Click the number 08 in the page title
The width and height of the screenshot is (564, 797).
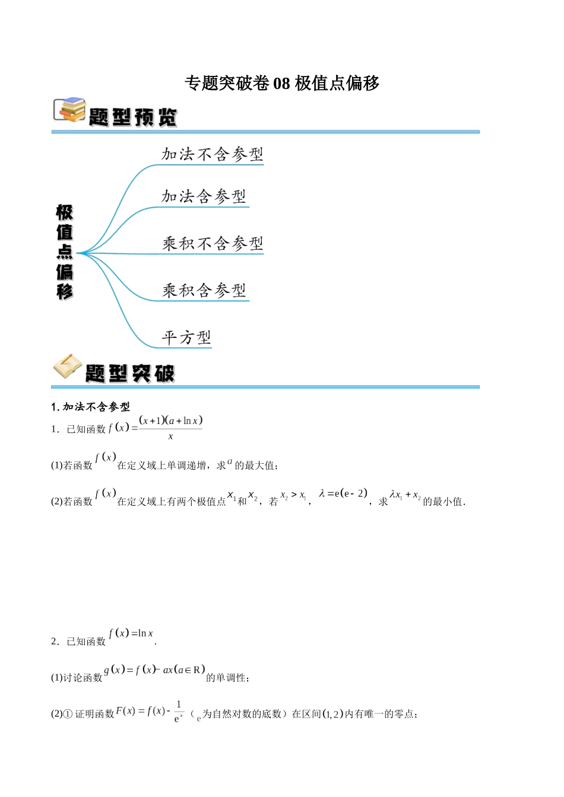[x=282, y=84]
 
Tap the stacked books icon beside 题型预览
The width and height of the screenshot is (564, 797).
[x=70, y=110]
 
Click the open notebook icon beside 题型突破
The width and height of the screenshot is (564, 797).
[x=68, y=367]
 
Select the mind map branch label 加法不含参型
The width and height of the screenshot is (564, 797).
[x=212, y=154]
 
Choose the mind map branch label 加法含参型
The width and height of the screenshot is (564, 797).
[x=204, y=196]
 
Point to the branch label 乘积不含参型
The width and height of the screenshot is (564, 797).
[x=213, y=243]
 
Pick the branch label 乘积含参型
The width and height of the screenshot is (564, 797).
[x=204, y=290]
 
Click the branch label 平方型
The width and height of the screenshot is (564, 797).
[x=186, y=337]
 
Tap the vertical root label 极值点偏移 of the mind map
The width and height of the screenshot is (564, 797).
[x=65, y=252]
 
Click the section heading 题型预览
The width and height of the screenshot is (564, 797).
[x=133, y=117]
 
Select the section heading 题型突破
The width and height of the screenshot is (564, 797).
[x=130, y=373]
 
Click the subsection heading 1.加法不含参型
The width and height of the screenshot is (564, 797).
[x=90, y=407]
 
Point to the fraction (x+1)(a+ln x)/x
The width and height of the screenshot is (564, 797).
[x=170, y=428]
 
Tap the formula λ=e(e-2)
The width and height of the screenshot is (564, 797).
[x=343, y=493]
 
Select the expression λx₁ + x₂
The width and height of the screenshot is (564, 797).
[x=405, y=495]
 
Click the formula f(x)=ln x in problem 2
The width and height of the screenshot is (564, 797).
[x=131, y=633]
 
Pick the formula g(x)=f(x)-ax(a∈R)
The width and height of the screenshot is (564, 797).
[x=154, y=670]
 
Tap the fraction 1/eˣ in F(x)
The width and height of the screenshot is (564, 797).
[x=179, y=712]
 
